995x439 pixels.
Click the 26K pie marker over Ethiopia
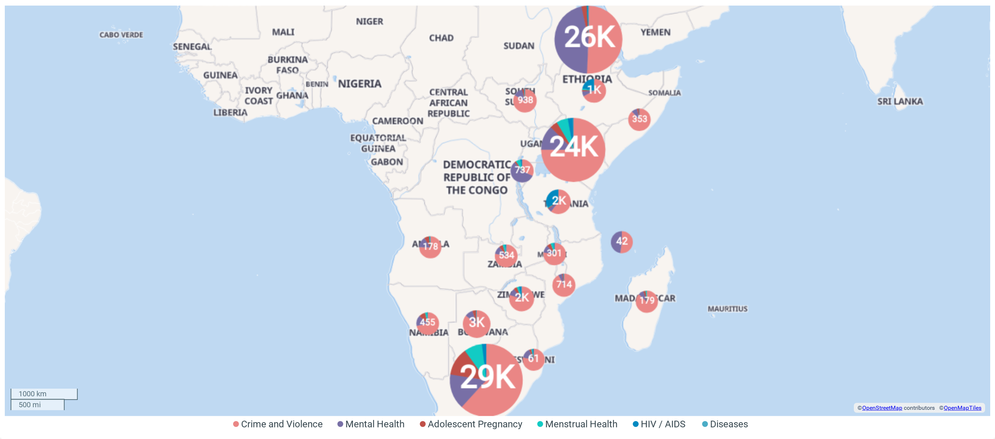(588, 39)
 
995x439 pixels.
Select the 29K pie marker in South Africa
(486, 379)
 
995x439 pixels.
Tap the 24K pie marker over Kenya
(573, 150)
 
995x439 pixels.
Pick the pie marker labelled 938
(525, 100)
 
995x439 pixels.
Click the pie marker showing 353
(639, 119)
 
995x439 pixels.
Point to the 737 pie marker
(522, 171)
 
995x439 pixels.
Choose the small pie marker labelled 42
(621, 242)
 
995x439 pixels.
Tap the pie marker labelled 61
(533, 359)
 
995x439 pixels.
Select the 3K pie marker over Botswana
(476, 323)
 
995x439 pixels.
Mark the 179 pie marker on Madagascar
(647, 301)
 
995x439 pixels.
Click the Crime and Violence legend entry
(278, 424)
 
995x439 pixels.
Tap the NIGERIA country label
(360, 84)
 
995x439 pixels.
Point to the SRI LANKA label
(900, 102)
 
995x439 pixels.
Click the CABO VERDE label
(121, 35)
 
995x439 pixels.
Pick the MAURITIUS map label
(727, 309)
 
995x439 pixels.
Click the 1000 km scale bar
(44, 394)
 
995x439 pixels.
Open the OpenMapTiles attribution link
(962, 408)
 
